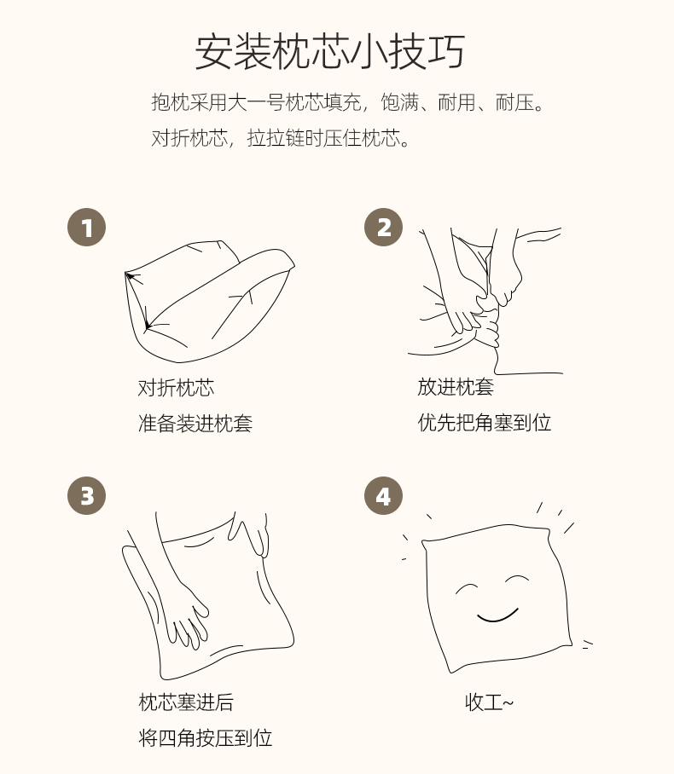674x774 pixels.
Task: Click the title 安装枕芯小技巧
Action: pyautogui.click(x=329, y=52)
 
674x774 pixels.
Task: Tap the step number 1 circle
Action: pyautogui.click(x=86, y=228)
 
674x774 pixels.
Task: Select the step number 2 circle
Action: pyautogui.click(x=383, y=228)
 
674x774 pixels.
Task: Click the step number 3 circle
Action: pyautogui.click(x=86, y=495)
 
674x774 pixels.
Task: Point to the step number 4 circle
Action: pyautogui.click(x=383, y=495)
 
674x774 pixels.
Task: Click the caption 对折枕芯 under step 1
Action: pyautogui.click(x=176, y=388)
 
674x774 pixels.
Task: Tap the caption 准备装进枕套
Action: pyautogui.click(x=195, y=424)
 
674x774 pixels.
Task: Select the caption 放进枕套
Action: pyautogui.click(x=456, y=387)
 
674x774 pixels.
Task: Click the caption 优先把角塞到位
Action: pyautogui.click(x=485, y=423)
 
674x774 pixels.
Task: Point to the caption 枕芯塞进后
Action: pyautogui.click(x=186, y=702)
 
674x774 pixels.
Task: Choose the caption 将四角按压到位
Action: pyautogui.click(x=205, y=738)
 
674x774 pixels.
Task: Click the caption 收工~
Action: pyautogui.click(x=489, y=702)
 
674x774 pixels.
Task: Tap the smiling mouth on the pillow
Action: pyautogui.click(x=497, y=616)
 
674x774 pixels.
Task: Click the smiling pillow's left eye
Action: pyautogui.click(x=467, y=587)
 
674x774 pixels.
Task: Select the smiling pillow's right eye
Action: pyautogui.click(x=517, y=579)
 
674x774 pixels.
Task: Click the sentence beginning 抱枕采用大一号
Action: pyautogui.click(x=348, y=102)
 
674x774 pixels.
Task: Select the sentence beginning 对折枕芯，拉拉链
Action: pyautogui.click(x=281, y=138)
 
